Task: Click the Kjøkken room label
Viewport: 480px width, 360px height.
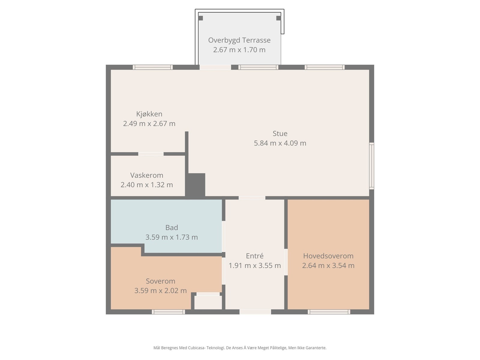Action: point(149,114)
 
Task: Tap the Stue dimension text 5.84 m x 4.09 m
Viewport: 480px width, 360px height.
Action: point(280,143)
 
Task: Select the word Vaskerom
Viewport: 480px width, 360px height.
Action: point(147,175)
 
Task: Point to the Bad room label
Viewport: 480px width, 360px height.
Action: point(172,228)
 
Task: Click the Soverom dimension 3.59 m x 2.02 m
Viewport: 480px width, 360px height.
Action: point(160,291)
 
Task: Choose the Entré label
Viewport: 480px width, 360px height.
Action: point(255,256)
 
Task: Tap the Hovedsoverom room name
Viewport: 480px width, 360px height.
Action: point(328,256)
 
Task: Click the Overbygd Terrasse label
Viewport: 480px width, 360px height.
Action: point(239,40)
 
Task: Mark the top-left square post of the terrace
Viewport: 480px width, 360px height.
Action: point(200,18)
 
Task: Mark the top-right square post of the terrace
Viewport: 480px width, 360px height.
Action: point(279,18)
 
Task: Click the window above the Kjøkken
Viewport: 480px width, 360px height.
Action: point(153,67)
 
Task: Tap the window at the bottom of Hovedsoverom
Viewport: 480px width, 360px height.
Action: point(329,312)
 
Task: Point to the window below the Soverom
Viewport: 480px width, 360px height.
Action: point(168,312)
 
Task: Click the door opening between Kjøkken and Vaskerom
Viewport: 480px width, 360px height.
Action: point(151,154)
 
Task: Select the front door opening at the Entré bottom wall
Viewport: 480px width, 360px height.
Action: point(255,312)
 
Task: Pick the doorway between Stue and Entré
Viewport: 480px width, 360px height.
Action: point(252,198)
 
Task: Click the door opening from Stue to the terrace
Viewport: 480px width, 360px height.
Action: point(215,67)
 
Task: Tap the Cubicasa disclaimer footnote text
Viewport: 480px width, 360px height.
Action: point(240,347)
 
